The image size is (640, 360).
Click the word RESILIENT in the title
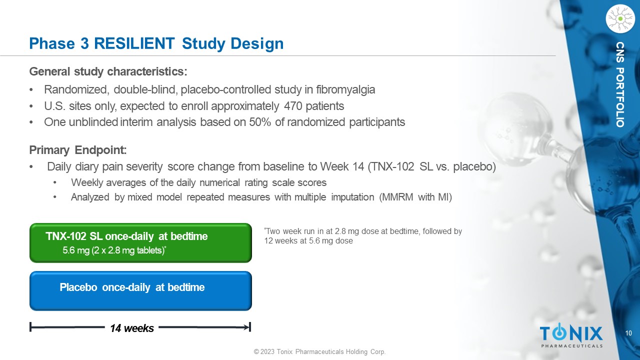click(x=134, y=43)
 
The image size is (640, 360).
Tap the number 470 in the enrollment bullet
click(x=293, y=106)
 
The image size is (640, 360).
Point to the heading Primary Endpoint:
click(x=78, y=150)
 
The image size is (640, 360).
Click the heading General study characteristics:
click(x=108, y=71)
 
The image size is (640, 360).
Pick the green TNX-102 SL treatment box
click(x=140, y=243)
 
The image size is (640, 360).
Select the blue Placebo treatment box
click(x=140, y=291)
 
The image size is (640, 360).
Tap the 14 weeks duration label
click(x=132, y=328)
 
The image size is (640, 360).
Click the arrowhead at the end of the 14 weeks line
click(x=247, y=327)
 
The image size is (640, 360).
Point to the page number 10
click(x=628, y=333)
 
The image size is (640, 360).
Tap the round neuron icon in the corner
click(x=620, y=19)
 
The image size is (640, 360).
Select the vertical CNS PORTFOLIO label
click(x=620, y=84)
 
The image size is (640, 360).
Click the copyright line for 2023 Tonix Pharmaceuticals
click(x=319, y=351)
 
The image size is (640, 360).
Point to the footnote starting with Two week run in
click(x=363, y=236)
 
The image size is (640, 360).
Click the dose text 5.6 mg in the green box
click(x=76, y=250)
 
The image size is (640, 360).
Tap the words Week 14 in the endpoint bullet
click(x=342, y=166)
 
